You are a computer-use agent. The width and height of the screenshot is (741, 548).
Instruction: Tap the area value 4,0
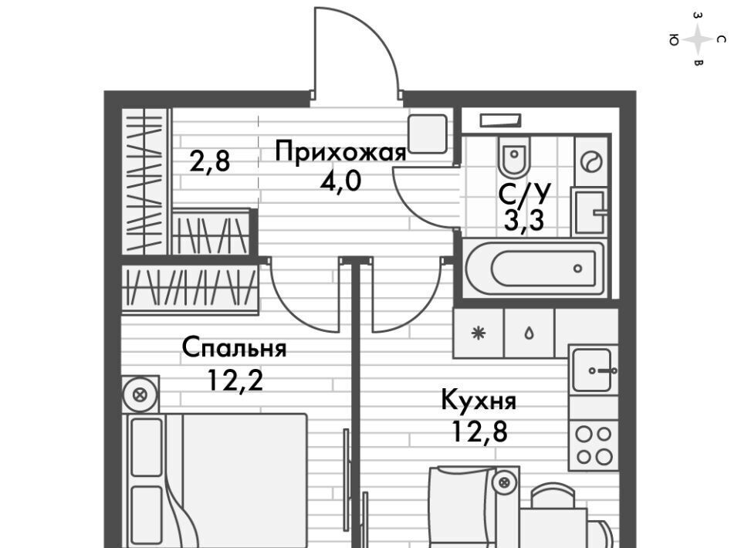tap(340, 182)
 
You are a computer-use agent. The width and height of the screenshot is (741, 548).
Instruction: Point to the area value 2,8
tap(211, 163)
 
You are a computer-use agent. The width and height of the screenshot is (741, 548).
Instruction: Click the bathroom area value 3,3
tap(524, 221)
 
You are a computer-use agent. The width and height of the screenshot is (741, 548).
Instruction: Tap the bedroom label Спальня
tap(234, 349)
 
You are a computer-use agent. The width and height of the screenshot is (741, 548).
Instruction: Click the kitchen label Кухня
tap(479, 401)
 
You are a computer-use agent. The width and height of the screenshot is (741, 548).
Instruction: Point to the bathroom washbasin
tap(591, 210)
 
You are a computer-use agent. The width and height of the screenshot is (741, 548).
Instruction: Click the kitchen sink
tap(594, 370)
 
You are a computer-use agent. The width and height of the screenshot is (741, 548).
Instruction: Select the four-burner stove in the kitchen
tap(594, 445)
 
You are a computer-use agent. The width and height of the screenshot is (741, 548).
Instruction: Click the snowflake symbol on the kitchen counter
tap(479, 333)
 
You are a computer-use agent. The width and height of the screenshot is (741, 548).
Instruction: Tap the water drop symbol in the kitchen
tap(530, 333)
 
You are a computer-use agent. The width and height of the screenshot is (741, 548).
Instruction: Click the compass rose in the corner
tap(698, 39)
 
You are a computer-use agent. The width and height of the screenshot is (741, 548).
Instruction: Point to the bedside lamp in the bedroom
tap(140, 394)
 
